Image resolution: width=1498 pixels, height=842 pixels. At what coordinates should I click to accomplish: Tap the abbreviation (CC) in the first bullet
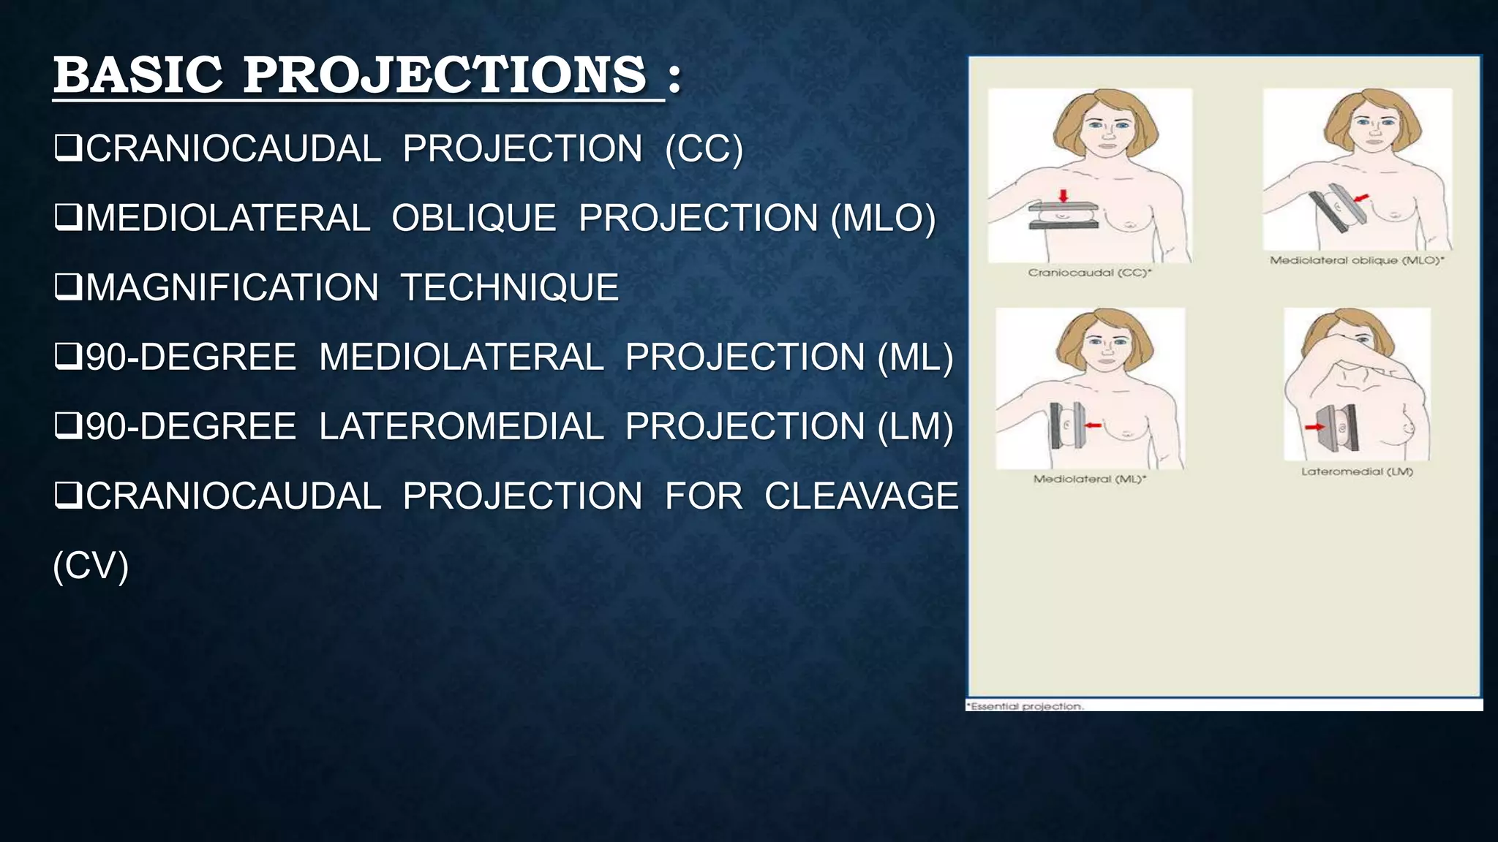pyautogui.click(x=704, y=149)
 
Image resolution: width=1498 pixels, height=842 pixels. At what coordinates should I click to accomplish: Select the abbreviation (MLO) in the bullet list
pyautogui.click(x=883, y=219)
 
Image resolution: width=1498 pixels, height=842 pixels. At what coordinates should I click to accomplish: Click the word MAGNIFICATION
pyautogui.click(x=232, y=287)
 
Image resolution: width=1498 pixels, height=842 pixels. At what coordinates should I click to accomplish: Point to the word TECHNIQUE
pyautogui.click(x=509, y=287)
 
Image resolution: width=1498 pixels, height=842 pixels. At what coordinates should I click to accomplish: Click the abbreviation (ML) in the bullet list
pyautogui.click(x=915, y=357)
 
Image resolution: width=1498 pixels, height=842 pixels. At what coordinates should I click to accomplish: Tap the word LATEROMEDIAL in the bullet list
pyautogui.click(x=461, y=427)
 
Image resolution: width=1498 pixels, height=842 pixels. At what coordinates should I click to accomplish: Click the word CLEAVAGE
pyautogui.click(x=861, y=496)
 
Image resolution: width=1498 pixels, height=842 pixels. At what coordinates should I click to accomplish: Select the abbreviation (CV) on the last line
pyautogui.click(x=91, y=566)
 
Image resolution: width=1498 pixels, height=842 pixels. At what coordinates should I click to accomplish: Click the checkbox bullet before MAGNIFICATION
pyautogui.click(x=67, y=287)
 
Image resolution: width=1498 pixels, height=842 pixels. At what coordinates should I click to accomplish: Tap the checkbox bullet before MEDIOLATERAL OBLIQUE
pyautogui.click(x=67, y=218)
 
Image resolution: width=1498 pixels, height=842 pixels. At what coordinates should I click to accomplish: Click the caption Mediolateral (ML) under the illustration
pyautogui.click(x=1089, y=479)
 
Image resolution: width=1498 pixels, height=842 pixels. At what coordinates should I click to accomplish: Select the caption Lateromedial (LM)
pyautogui.click(x=1357, y=471)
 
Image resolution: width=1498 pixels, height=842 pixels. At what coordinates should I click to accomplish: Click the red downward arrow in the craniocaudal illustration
pyautogui.click(x=1064, y=195)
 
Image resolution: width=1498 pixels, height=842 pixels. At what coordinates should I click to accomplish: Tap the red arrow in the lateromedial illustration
pyautogui.click(x=1314, y=427)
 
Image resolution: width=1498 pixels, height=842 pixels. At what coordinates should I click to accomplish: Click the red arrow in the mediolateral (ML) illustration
pyautogui.click(x=1093, y=425)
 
